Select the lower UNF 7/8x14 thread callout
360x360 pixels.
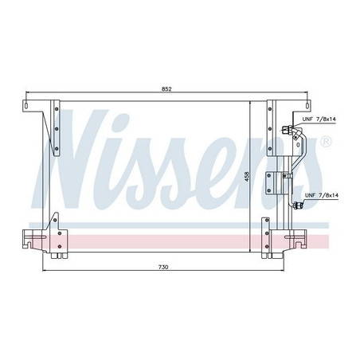[x=321, y=194]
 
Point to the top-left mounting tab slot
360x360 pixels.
[x=29, y=104]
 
